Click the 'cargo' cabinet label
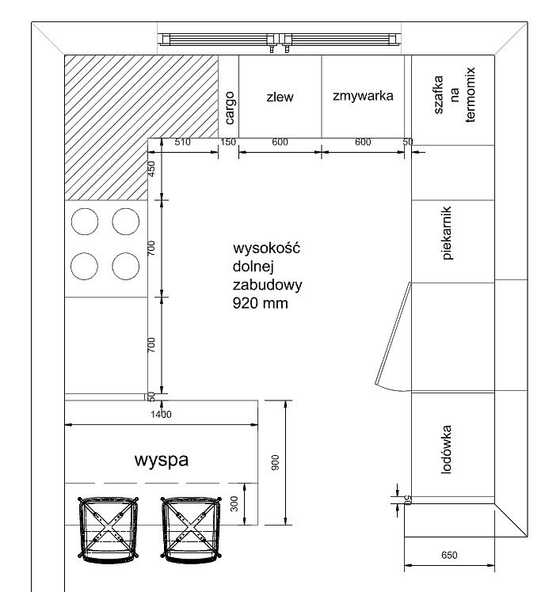(230, 108)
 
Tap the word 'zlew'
(280, 97)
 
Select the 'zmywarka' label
(363, 96)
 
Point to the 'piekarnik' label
(447, 233)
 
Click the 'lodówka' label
(446, 450)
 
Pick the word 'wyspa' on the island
(162, 460)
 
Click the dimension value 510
(182, 142)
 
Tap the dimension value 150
(228, 142)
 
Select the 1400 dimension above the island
(161, 415)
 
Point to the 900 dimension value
(275, 462)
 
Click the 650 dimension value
(449, 555)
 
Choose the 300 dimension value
(234, 503)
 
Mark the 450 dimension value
(151, 169)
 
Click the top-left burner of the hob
(85, 222)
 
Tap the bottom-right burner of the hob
(125, 266)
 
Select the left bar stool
(108, 529)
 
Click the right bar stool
(191, 529)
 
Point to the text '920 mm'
(260, 303)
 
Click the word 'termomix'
(470, 95)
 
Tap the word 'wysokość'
(266, 248)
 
